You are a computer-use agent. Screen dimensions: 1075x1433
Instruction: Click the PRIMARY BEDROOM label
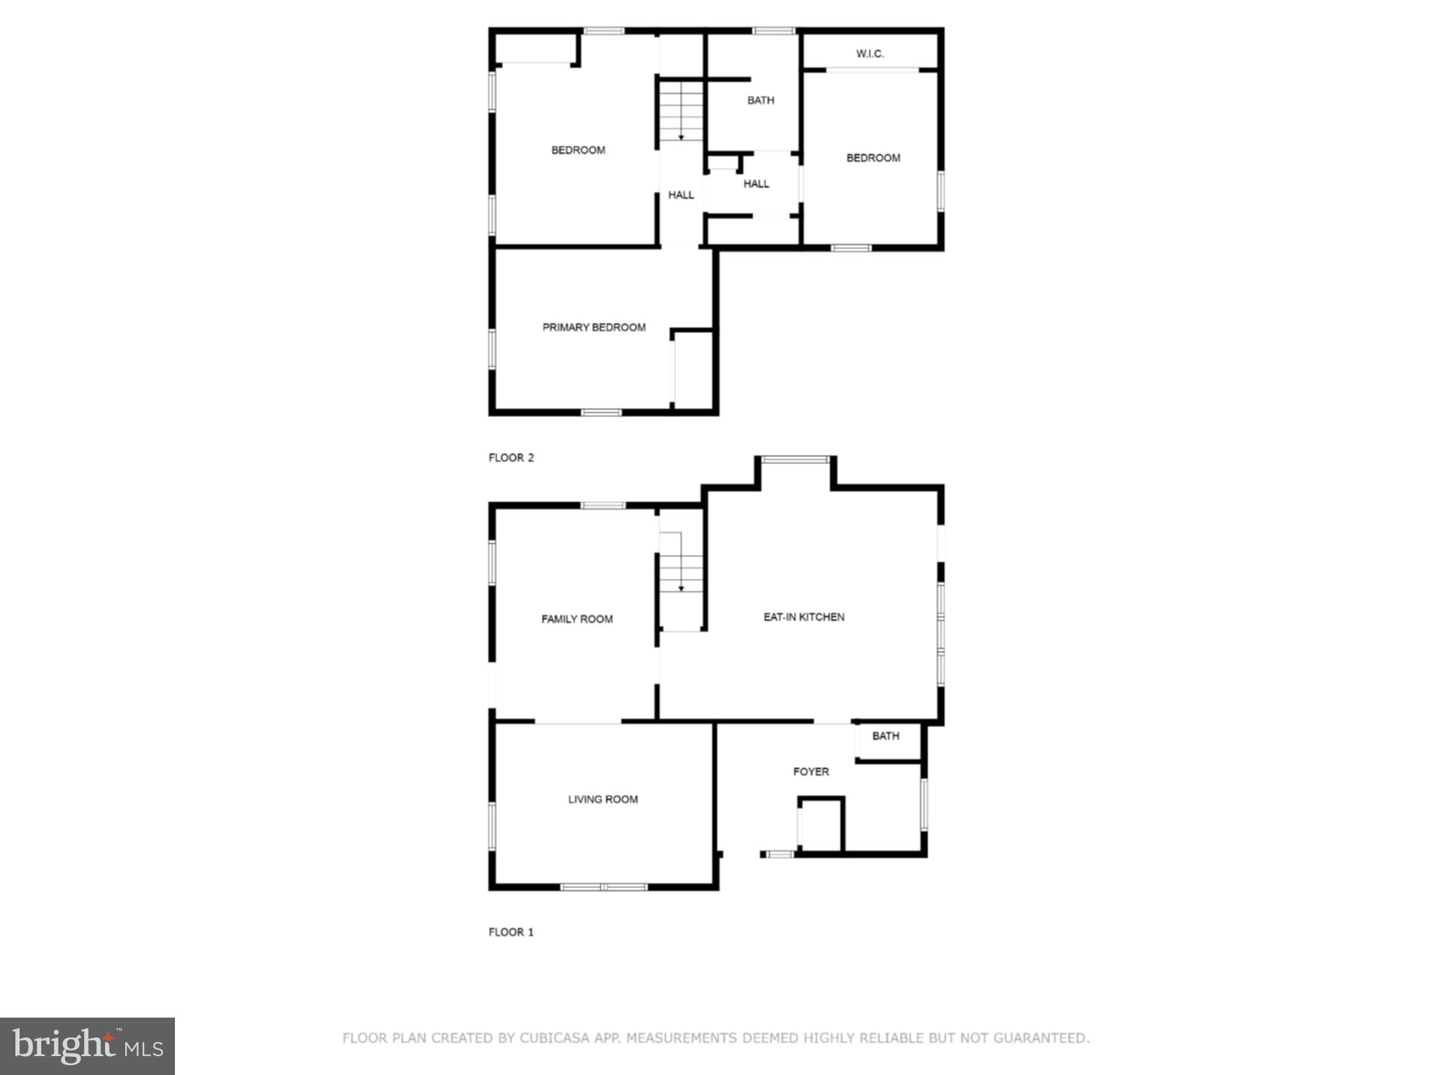(594, 328)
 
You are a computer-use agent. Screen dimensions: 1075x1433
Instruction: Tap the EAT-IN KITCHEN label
(803, 617)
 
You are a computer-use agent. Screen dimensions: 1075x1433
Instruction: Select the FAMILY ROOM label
(577, 619)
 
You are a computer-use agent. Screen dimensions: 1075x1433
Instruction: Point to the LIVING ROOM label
(602, 799)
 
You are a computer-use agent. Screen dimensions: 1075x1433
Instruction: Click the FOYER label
(811, 772)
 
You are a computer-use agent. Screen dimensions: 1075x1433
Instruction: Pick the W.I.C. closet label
(870, 54)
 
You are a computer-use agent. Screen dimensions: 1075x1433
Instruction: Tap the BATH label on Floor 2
(761, 101)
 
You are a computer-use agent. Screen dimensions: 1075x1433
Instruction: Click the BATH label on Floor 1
(885, 736)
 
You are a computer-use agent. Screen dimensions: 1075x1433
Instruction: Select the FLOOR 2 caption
(511, 458)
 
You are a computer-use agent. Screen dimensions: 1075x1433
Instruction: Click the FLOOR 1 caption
(511, 932)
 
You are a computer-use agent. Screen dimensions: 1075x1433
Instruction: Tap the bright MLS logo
(87, 1046)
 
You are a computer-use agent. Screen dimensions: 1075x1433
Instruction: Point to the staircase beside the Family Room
(681, 581)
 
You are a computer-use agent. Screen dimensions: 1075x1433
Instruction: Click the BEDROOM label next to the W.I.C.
(873, 158)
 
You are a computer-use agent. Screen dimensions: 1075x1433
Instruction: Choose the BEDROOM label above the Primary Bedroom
(578, 150)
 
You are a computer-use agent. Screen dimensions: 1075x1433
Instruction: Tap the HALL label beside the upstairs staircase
(681, 195)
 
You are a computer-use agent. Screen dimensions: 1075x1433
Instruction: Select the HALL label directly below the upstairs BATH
(756, 184)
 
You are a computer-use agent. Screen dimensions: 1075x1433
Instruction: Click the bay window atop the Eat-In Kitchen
(795, 460)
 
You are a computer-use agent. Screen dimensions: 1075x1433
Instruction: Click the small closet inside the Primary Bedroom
(693, 369)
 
